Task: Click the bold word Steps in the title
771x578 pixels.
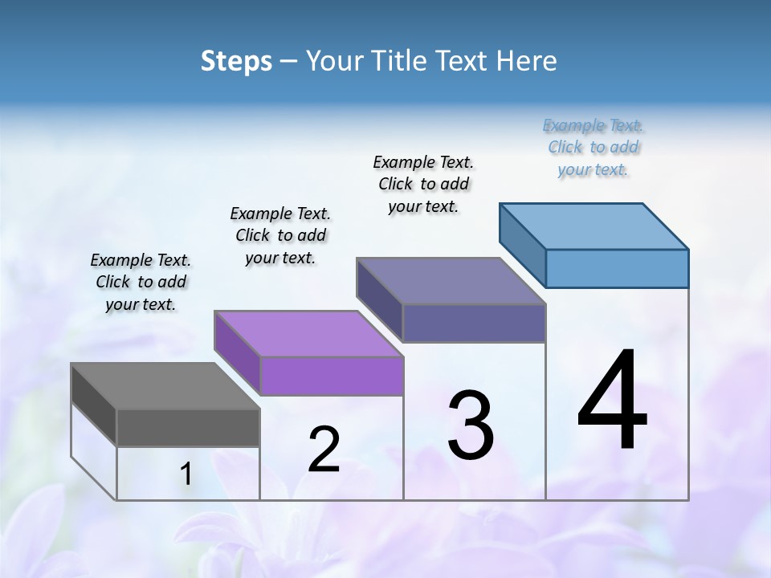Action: tap(236, 61)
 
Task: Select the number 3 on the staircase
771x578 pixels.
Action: tap(471, 425)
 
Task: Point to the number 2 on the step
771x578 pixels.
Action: tap(324, 450)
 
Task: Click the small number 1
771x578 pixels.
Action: tap(186, 474)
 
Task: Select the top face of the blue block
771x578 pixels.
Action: tap(594, 226)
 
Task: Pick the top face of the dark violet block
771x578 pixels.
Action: tap(451, 281)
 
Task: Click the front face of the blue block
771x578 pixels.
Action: tap(617, 268)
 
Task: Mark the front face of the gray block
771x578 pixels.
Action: tap(188, 428)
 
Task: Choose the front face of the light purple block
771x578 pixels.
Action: tap(332, 376)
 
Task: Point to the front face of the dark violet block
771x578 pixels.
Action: tap(474, 323)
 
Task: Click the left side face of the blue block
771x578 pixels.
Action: tap(522, 245)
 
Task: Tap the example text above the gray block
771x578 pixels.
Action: tap(141, 282)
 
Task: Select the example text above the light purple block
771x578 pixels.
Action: tap(280, 235)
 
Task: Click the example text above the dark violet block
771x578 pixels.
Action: tap(423, 184)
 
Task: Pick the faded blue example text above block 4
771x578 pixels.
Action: tap(593, 147)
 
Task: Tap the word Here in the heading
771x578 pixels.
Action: tap(527, 61)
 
